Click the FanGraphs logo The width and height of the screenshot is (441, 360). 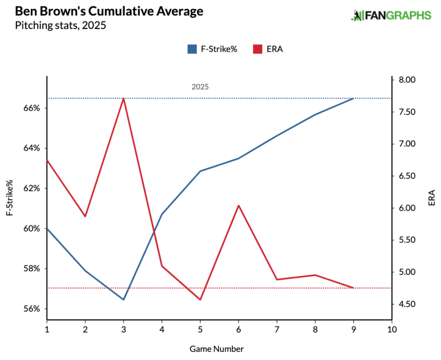click(x=391, y=15)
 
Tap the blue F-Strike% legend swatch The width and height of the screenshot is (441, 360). click(x=192, y=48)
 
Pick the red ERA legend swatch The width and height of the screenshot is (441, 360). click(x=257, y=48)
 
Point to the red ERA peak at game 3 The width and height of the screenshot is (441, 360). click(x=123, y=98)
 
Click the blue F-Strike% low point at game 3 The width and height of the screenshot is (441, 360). click(x=123, y=300)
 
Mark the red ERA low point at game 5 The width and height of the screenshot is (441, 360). click(x=200, y=300)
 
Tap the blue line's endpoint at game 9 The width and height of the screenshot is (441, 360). click(x=354, y=98)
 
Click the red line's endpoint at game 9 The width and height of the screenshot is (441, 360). click(x=354, y=288)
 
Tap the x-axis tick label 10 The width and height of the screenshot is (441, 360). click(x=392, y=330)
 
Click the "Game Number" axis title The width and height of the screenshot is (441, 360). click(x=219, y=348)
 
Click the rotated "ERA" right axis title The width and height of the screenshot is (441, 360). click(x=431, y=198)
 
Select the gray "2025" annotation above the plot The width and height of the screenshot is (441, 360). click(x=200, y=87)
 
